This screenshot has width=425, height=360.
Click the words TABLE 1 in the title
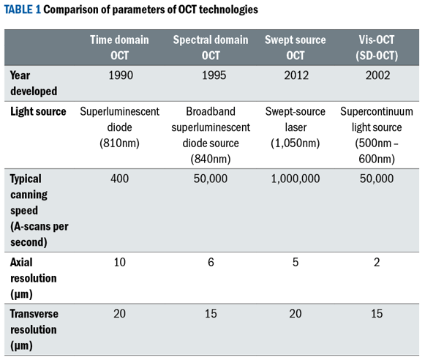coord(23,10)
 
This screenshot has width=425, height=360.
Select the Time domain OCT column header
coord(119,48)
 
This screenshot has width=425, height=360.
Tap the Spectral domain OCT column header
coord(211,48)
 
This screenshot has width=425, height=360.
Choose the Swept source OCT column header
coord(296,48)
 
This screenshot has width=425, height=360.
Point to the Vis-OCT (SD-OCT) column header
coord(377,48)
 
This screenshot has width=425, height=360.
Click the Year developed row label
coord(34,83)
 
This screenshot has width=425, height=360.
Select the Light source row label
coord(38,111)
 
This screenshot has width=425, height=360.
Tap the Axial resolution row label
coord(34,278)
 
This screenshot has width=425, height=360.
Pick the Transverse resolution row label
coord(34,330)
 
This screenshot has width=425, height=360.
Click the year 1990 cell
coord(121,75)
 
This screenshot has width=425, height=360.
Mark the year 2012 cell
coord(296,75)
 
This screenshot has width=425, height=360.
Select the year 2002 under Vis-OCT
coord(377,75)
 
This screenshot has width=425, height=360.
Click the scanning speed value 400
coord(119,179)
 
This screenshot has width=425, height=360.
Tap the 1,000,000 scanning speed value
coord(296,179)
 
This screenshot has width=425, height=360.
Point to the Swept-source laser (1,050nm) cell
coord(296,127)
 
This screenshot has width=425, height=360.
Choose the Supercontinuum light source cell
coord(377,135)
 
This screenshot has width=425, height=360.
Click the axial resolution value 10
coord(119,263)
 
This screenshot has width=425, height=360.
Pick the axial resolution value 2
coord(377,263)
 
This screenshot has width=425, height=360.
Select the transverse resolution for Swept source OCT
coord(296,314)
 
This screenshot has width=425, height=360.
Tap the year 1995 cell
coord(214,75)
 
